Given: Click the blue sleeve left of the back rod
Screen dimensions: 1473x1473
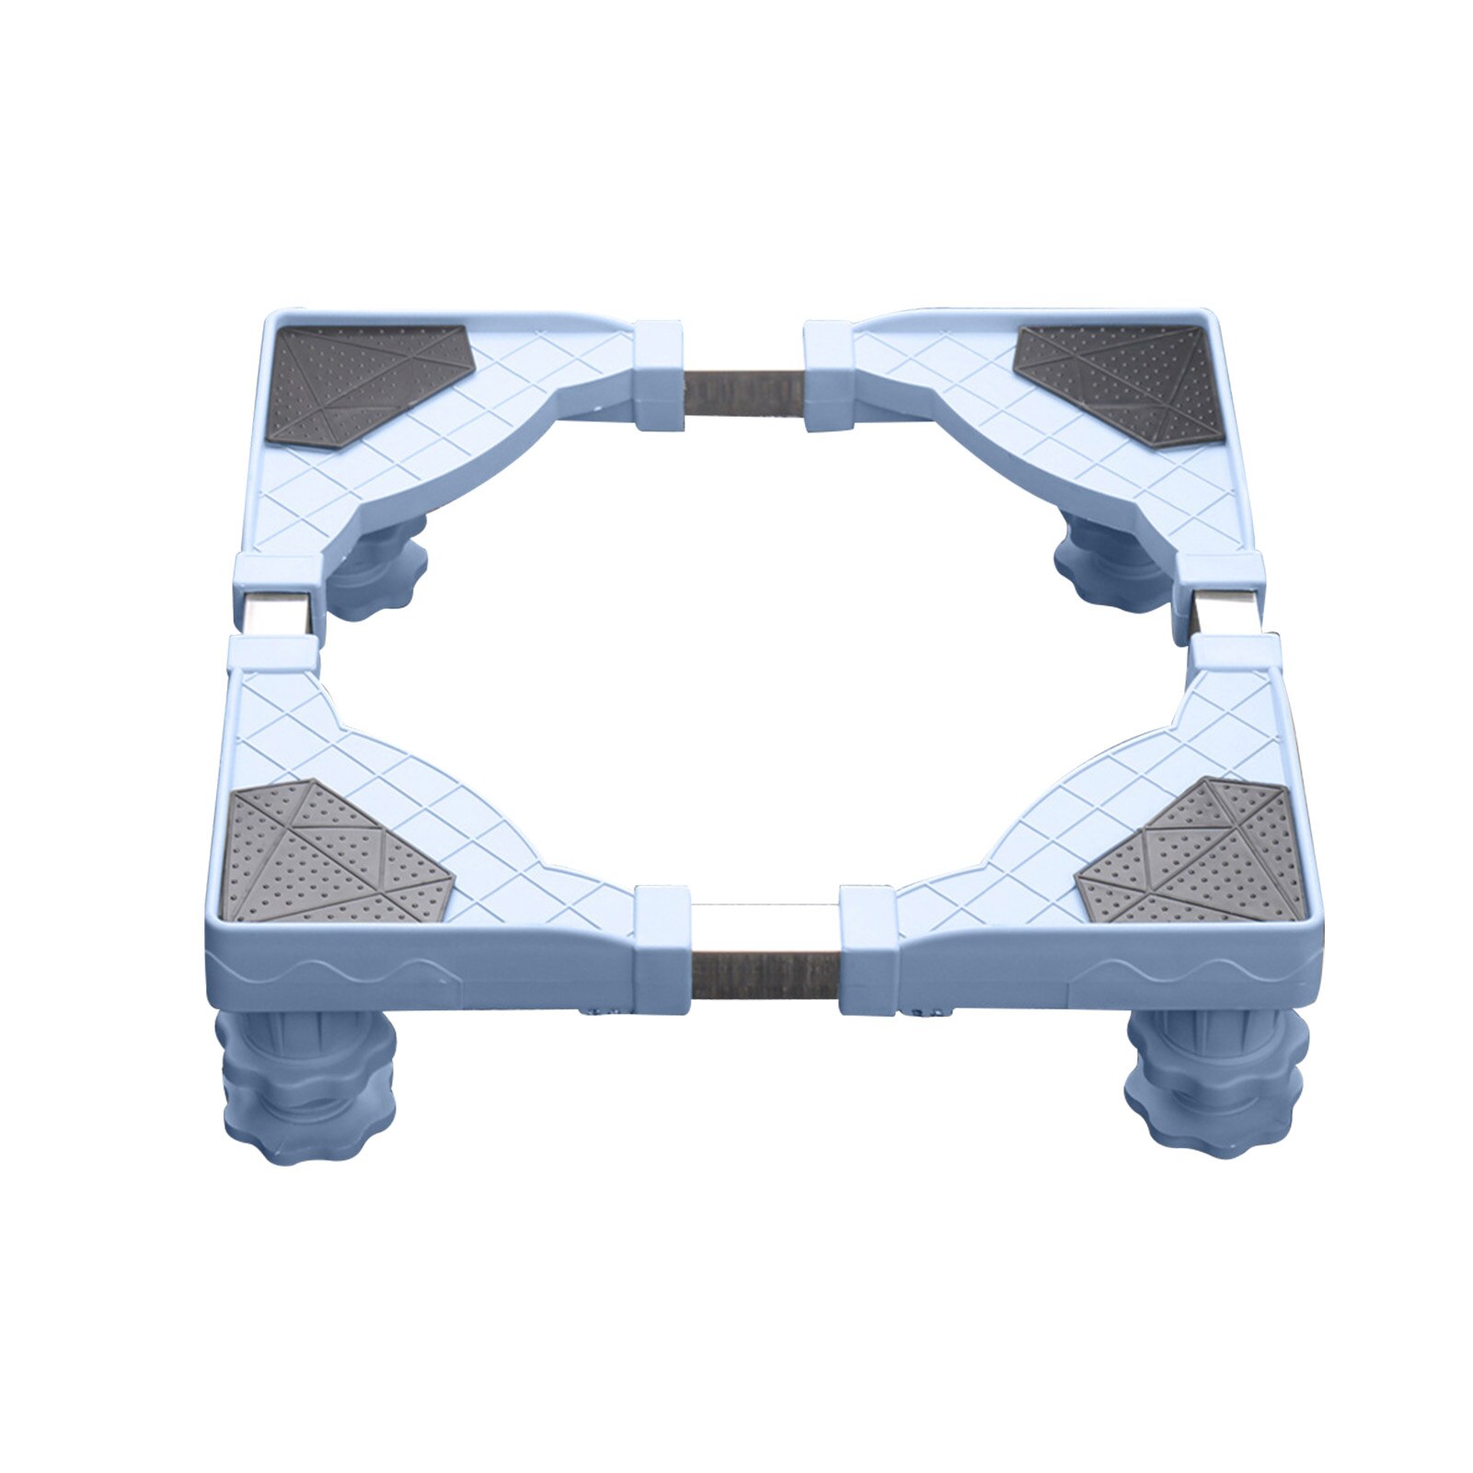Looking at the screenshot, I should click(x=660, y=375).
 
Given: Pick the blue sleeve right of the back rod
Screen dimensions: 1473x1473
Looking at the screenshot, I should click(x=828, y=375).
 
